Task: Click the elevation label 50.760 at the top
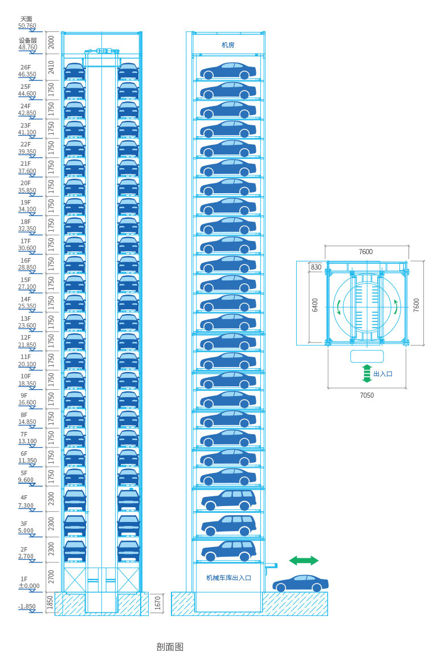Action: pyautogui.click(x=27, y=26)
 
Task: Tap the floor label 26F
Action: pyautogui.click(x=26, y=67)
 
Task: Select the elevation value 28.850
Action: pyautogui.click(x=27, y=267)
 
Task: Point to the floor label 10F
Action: pyautogui.click(x=26, y=376)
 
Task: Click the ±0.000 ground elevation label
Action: pyautogui.click(x=29, y=586)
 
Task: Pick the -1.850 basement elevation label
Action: pyautogui.click(x=27, y=606)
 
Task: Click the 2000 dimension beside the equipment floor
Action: pyautogui.click(x=51, y=42)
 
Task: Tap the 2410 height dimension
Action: pyautogui.click(x=51, y=67)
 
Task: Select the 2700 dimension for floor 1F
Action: pyautogui.click(x=51, y=577)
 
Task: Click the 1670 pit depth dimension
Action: pyautogui.click(x=157, y=603)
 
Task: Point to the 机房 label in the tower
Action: pyautogui.click(x=228, y=45)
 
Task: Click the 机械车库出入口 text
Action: pyautogui.click(x=228, y=578)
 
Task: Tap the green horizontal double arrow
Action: pyautogui.click(x=304, y=560)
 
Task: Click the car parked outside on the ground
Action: pyautogui.click(x=300, y=584)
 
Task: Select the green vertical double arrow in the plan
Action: pyautogui.click(x=367, y=373)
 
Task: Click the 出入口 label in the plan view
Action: pyautogui.click(x=383, y=374)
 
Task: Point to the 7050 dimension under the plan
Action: pyautogui.click(x=367, y=395)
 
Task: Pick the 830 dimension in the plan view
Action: pyautogui.click(x=316, y=267)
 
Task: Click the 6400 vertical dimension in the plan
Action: pyautogui.click(x=315, y=305)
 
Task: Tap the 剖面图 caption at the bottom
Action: pyautogui.click(x=170, y=647)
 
